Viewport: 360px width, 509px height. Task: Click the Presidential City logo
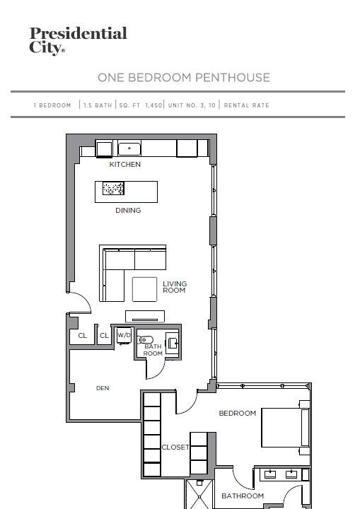click(78, 40)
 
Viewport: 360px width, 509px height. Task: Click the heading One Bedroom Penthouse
click(184, 78)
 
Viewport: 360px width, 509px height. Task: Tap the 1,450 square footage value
click(153, 105)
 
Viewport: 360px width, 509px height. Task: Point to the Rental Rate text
click(246, 105)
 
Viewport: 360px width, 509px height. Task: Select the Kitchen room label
click(124, 164)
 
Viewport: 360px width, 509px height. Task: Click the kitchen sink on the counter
click(129, 149)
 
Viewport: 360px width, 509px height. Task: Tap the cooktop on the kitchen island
click(113, 188)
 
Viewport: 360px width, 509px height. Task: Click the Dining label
click(128, 211)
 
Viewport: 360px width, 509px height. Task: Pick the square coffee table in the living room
click(144, 289)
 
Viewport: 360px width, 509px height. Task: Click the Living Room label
click(175, 287)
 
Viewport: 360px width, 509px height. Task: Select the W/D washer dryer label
click(124, 335)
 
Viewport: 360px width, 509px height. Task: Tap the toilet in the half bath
click(145, 340)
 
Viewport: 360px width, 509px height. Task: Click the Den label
click(103, 388)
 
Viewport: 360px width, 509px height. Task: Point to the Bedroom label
click(238, 414)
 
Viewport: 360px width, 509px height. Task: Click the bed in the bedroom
click(286, 428)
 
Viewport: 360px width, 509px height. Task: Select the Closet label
click(175, 447)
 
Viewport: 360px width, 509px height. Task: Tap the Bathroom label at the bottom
click(243, 496)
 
